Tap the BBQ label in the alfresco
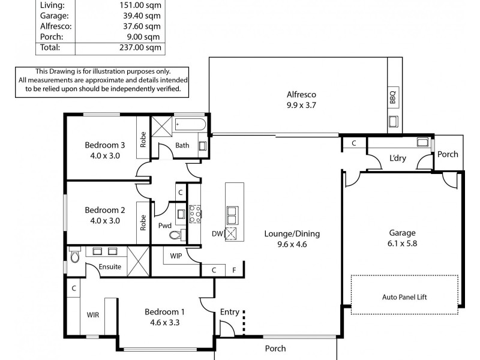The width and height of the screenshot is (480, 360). pos(393,98)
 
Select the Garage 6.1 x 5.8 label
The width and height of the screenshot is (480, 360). pos(401,239)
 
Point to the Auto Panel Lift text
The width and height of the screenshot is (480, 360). pos(404,297)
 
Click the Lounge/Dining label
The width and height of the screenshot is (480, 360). pos(287,239)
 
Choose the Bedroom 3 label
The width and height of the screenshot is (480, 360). pos(105,150)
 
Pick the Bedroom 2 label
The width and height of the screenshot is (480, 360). pos(105,215)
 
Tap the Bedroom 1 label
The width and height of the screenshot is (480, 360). pos(164,316)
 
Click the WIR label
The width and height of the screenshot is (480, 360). pos(92,314)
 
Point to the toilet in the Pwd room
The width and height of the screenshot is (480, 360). pos(175,235)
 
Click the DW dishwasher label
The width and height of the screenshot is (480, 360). pos(217,234)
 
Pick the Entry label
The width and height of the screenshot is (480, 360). pos(230,312)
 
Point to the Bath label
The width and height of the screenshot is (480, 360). pos(182,145)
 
